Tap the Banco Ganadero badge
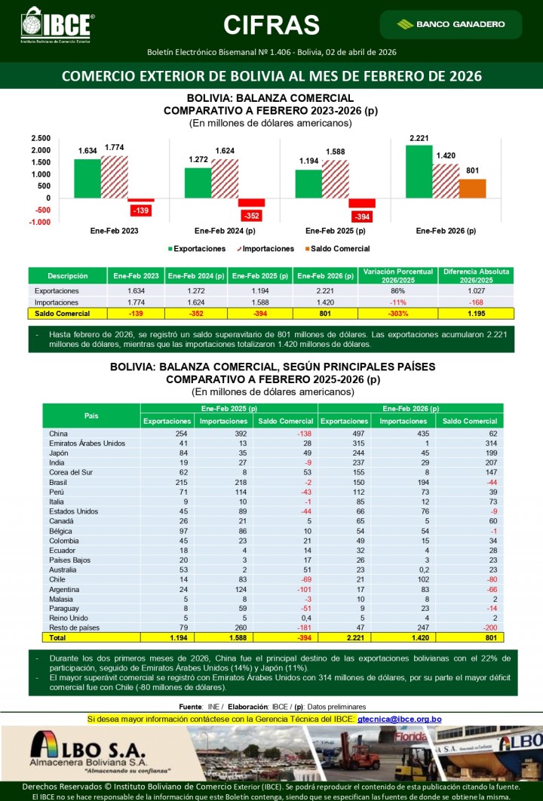pyautogui.click(x=451, y=24)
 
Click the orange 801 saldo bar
pyautogui.click(x=472, y=189)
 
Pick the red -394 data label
pyautogui.click(x=362, y=217)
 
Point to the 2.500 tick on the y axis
pyautogui.click(x=41, y=138)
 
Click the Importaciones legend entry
pyautogui.click(x=266, y=248)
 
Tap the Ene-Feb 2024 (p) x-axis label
pyautogui.click(x=225, y=231)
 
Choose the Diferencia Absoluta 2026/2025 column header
pyautogui.click(x=476, y=275)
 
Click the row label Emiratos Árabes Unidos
pyautogui.click(x=87, y=443)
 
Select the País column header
pyautogui.click(x=91, y=416)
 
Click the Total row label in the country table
pyautogui.click(x=58, y=637)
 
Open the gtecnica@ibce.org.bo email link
pyautogui.click(x=410, y=720)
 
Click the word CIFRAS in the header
pyautogui.click(x=271, y=25)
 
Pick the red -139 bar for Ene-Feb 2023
pyautogui.click(x=142, y=200)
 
